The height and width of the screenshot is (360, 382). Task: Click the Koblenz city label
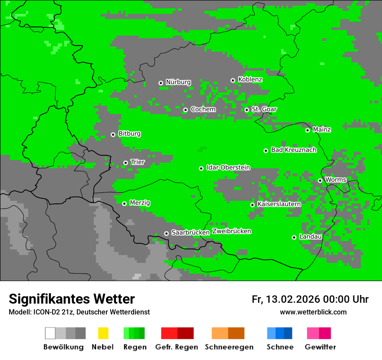pyautogui.click(x=250, y=79)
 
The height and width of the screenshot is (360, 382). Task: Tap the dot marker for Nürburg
pyautogui.click(x=161, y=83)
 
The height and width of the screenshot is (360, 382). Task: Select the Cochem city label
pyautogui.click(x=203, y=109)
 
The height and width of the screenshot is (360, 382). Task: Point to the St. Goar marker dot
pyautogui.click(x=247, y=110)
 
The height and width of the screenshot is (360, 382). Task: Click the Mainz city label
pyautogui.click(x=322, y=130)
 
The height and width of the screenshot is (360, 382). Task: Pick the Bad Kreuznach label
pyautogui.click(x=293, y=150)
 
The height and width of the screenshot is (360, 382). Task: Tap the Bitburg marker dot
pyautogui.click(x=113, y=134)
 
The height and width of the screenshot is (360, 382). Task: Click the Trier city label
pyautogui.click(x=138, y=162)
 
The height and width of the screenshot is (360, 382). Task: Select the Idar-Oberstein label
pyautogui.click(x=228, y=167)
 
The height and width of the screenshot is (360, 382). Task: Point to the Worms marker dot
pyautogui.click(x=320, y=180)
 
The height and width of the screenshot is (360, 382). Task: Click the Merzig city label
pyautogui.click(x=140, y=203)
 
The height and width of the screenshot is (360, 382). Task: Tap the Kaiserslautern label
pyautogui.click(x=279, y=204)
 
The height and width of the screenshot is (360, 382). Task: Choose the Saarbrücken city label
pyautogui.click(x=190, y=232)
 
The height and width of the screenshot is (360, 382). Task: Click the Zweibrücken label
pyautogui.click(x=231, y=231)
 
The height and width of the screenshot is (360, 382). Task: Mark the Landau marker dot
pyautogui.click(x=294, y=237)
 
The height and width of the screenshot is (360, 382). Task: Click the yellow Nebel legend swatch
pyautogui.click(x=103, y=333)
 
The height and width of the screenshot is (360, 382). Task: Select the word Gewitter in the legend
pyautogui.click(x=320, y=347)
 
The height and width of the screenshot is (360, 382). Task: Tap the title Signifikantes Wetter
pyautogui.click(x=72, y=299)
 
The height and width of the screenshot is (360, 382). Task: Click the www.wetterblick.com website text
pyautogui.click(x=313, y=312)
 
